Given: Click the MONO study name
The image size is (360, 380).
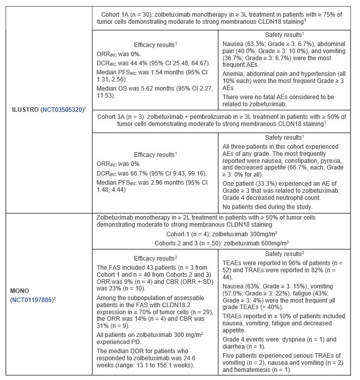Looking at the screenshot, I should [x=21, y=291].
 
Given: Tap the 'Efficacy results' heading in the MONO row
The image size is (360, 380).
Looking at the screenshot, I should [x=155, y=257].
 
